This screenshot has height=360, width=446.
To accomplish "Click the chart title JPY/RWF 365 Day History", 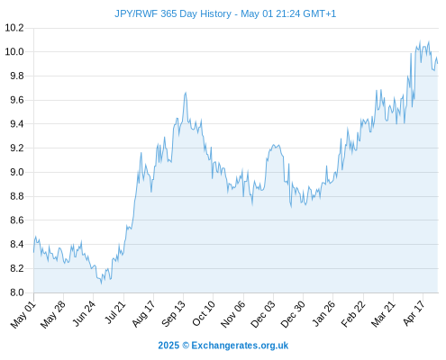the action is [173, 13].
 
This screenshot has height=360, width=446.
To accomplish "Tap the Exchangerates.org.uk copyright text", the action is [223, 346].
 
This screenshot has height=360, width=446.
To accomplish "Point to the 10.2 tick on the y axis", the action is [14, 28].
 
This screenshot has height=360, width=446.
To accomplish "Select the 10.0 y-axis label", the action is [14, 52].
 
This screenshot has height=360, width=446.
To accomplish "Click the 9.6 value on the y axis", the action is [17, 100].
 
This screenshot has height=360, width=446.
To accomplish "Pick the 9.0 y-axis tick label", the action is [17, 172].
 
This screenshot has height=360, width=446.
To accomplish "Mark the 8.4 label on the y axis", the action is [17, 244].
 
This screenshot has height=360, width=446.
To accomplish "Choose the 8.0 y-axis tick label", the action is [17, 292].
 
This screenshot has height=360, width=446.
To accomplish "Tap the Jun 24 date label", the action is [84, 313].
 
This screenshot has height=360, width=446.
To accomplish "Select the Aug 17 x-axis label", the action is [143, 313].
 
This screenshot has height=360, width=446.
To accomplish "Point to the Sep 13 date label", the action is [173, 313].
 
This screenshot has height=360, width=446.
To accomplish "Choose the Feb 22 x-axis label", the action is [353, 313].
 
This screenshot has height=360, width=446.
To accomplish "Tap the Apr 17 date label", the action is [414, 313].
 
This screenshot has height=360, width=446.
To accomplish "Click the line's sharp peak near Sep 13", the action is [186, 93].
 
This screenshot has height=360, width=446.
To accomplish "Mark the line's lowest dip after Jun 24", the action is [101, 283].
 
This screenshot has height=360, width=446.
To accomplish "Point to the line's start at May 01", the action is [33, 252].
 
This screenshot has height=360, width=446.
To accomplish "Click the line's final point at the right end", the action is [438, 63].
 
